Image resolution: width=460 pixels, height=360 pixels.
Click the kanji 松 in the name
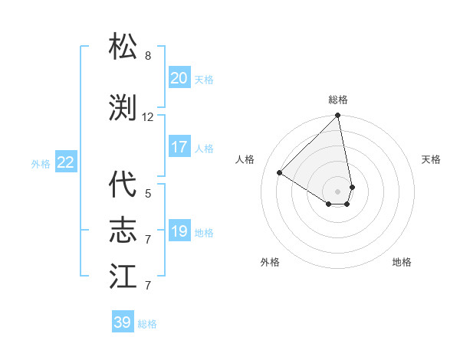pos(123,47)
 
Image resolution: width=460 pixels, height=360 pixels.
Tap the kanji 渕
pos(123,108)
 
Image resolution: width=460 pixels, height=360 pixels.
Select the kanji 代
pos(123,185)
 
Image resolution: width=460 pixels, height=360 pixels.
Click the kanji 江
pos(123,277)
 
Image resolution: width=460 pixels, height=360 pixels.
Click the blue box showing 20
pos(179,78)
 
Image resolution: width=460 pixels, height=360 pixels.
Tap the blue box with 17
pos(179,147)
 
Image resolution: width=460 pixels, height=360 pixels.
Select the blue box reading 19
pos(179,231)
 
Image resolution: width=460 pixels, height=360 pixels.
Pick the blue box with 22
pos(65,162)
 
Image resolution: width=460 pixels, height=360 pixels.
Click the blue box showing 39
pos(123,322)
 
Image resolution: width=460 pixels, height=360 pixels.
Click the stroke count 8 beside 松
pos(148,56)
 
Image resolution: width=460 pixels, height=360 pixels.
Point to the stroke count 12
pos(148,117)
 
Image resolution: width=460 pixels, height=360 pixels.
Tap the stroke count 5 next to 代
pos(148,194)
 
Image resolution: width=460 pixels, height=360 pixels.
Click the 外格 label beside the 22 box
pos(41,163)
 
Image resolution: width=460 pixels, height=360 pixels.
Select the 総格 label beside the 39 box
pos(148,324)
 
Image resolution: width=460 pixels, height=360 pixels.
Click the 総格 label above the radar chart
pos(338,100)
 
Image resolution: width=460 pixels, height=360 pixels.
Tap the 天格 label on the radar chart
pos(432,159)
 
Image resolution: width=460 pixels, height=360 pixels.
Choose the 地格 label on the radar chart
pos(402,262)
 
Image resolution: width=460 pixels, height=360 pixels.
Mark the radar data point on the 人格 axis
pos(280,173)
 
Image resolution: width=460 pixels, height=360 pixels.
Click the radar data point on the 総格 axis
pos(337,116)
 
